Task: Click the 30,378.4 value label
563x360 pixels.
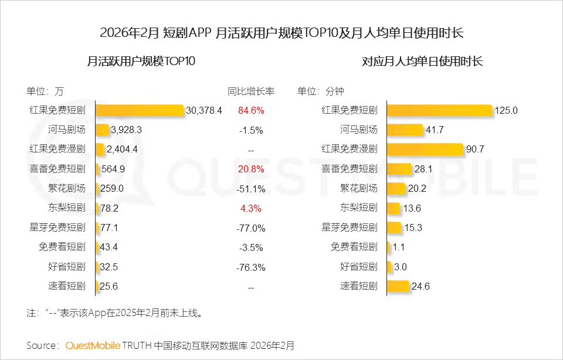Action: pyautogui.click(x=204, y=110)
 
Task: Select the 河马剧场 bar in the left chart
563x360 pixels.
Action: pyautogui.click(x=103, y=130)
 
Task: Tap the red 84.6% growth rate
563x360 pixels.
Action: pyautogui.click(x=251, y=110)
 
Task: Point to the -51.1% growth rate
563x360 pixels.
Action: pyautogui.click(x=251, y=189)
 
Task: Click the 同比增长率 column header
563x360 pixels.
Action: pyautogui.click(x=251, y=91)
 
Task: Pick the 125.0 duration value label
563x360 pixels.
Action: pyautogui.click(x=507, y=110)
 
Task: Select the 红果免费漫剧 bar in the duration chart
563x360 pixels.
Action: pyautogui.click(x=425, y=149)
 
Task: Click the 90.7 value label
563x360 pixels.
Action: pyautogui.click(x=475, y=149)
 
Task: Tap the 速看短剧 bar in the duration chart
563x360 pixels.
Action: pyautogui.click(x=398, y=286)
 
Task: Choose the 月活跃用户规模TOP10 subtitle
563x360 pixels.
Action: pyautogui.click(x=141, y=62)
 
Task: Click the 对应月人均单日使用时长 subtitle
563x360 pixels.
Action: pyautogui.click(x=422, y=62)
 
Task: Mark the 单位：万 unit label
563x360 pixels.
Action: pyautogui.click(x=45, y=91)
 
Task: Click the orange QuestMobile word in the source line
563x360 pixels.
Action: pyautogui.click(x=93, y=345)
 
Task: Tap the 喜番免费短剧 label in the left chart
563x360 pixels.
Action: pyautogui.click(x=57, y=169)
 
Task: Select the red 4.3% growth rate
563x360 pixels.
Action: pyautogui.click(x=251, y=208)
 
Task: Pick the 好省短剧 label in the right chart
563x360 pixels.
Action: pyautogui.click(x=359, y=267)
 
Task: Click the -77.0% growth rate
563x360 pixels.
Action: pyautogui.click(x=251, y=228)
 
